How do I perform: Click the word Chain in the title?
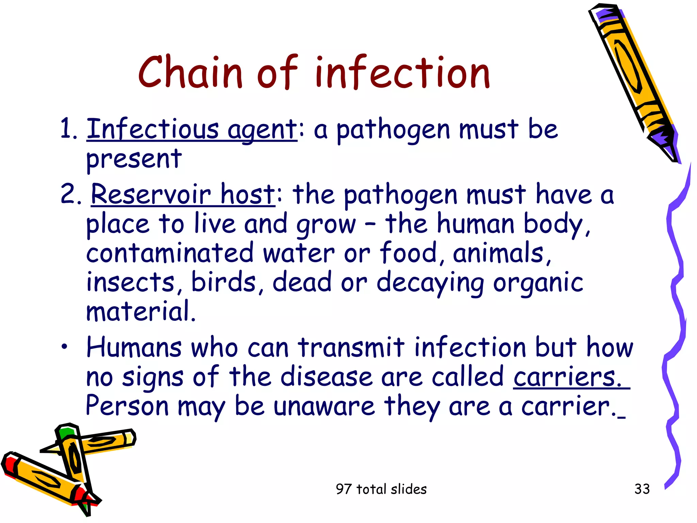(190, 73)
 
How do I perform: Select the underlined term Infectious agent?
(192, 129)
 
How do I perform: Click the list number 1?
(68, 129)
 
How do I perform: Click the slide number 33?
(642, 489)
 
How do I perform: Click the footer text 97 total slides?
(381, 489)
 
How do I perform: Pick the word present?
(134, 159)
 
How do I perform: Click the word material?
(141, 311)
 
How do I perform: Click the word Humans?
(134, 347)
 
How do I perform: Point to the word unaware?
(324, 406)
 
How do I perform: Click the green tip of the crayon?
(67, 433)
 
